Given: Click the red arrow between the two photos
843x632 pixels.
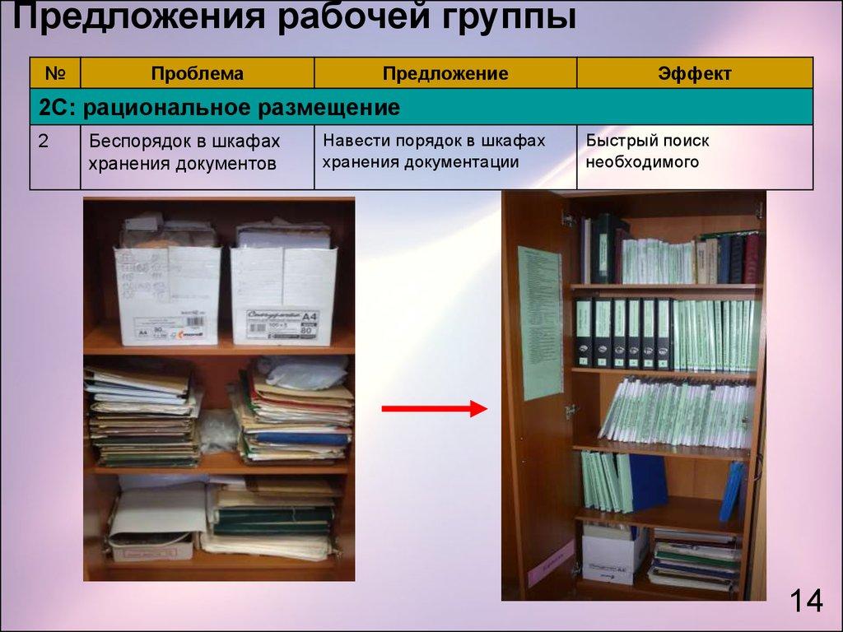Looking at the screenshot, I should pyautogui.click(x=435, y=407).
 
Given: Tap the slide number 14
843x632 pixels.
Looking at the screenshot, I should pyautogui.click(x=806, y=602).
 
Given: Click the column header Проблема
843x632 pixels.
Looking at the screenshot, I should pyautogui.click(x=197, y=73).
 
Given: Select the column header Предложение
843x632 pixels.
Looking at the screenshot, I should pyautogui.click(x=445, y=73).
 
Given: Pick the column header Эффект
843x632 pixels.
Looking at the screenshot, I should pyautogui.click(x=694, y=73).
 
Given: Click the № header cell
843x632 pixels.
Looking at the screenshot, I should pyautogui.click(x=55, y=73).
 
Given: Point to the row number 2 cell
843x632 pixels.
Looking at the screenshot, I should pyautogui.click(x=44, y=141).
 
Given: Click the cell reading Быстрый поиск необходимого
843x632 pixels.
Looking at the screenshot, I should pyautogui.click(x=647, y=151).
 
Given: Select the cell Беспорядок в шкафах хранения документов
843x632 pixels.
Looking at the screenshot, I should pyautogui.click(x=184, y=152).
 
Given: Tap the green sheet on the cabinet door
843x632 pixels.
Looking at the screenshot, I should pyautogui.click(x=539, y=321).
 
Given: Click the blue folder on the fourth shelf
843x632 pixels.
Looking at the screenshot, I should pyautogui.click(x=649, y=481).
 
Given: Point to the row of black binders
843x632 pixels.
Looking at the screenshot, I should pyautogui.click(x=623, y=332).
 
